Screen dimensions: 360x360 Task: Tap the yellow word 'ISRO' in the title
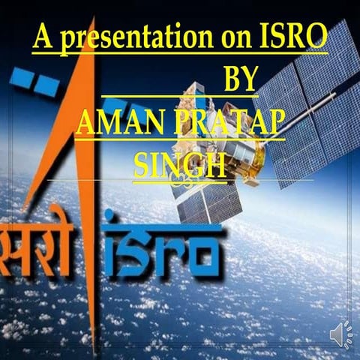[x=294, y=37]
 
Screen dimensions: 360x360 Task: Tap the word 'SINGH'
[x=179, y=164]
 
